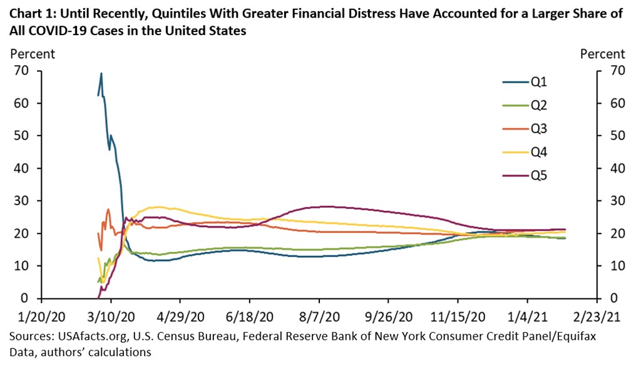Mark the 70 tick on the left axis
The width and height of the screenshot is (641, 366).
pos(23,71)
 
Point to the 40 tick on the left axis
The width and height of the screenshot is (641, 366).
pos(23,168)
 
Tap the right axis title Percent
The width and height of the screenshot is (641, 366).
pos(602,54)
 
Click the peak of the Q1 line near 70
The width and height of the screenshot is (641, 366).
pos(101,74)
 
